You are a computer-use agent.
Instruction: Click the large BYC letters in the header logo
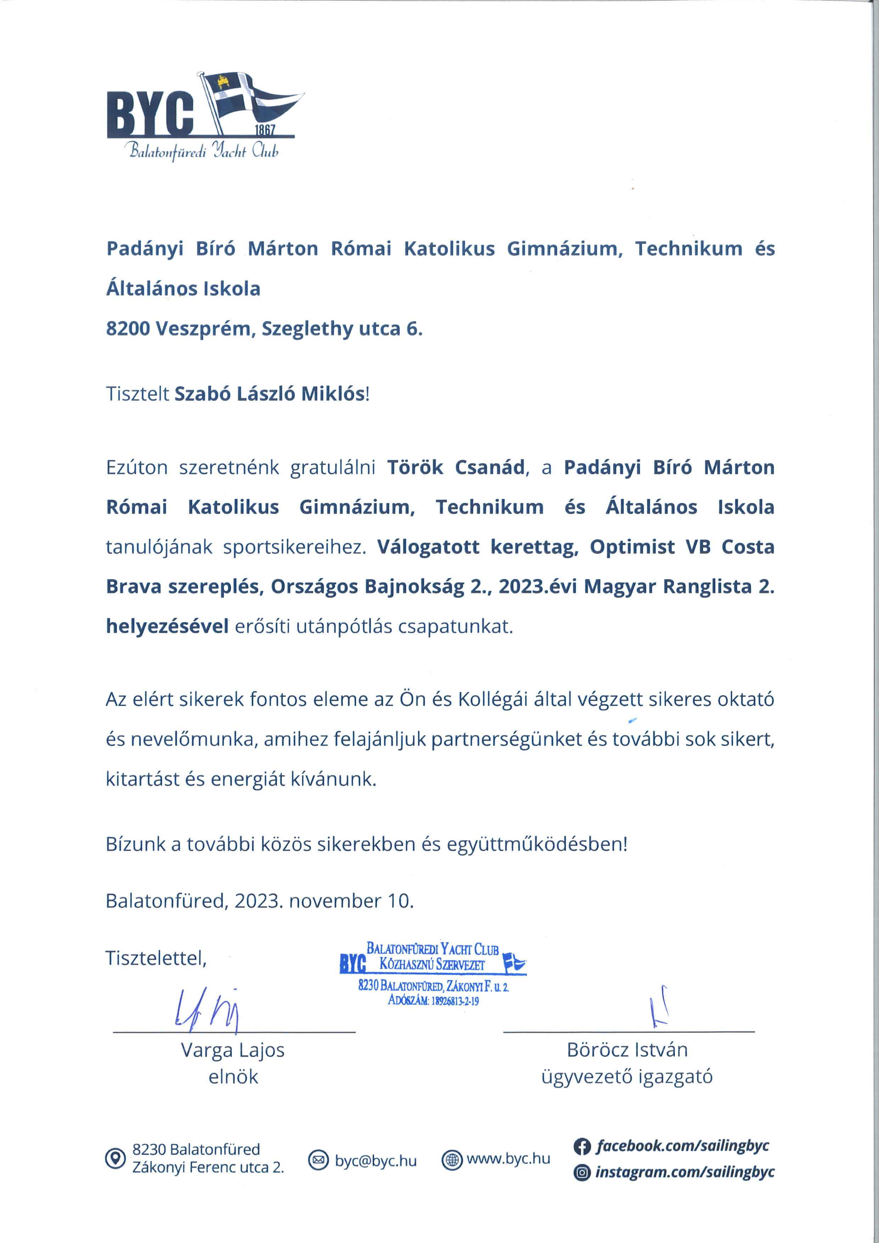(150, 114)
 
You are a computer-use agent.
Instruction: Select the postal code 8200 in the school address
(127, 329)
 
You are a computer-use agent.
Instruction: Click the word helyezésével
(167, 626)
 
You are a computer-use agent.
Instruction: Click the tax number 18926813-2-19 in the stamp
(455, 1001)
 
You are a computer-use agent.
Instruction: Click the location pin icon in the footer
(115, 1159)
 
